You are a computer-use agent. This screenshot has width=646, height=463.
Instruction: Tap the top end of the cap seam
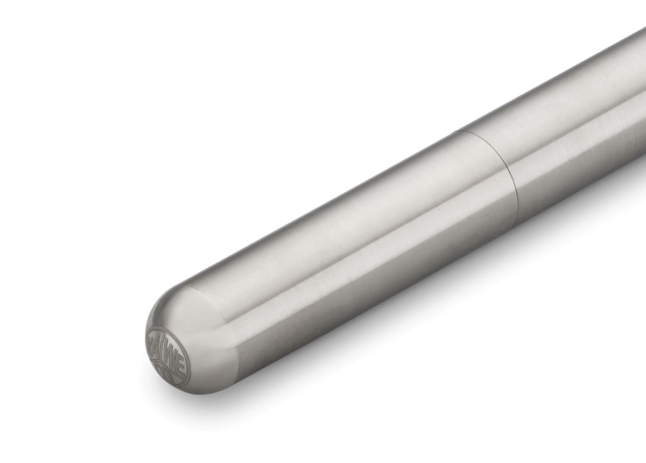(454, 131)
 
